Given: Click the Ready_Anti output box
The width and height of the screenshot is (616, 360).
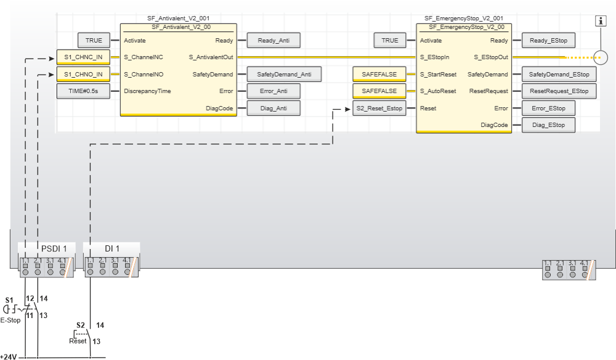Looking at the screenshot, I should click(274, 41).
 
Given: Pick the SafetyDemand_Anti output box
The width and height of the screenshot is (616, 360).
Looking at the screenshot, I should click(285, 75).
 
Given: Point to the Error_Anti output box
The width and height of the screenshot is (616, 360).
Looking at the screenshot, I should click(274, 91).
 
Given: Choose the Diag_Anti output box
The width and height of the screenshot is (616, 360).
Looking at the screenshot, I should click(274, 108).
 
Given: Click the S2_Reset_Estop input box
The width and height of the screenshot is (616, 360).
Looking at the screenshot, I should click(379, 108).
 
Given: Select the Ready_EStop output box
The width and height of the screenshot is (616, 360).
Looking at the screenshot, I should click(548, 41).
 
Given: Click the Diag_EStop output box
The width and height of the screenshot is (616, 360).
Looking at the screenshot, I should click(548, 125).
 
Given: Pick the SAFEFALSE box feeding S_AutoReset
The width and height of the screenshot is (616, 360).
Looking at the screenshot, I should click(379, 91).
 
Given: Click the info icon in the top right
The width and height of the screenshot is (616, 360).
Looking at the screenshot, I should click(601, 21).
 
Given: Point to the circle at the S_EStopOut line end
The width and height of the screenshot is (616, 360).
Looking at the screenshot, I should click(601, 58).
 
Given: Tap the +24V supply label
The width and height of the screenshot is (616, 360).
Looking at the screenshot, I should click(9, 356).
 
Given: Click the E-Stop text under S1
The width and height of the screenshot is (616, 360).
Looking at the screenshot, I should click(10, 320).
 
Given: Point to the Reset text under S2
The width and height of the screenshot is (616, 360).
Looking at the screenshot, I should click(78, 341).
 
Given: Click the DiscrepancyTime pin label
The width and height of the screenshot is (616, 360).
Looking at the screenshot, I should click(147, 91).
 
